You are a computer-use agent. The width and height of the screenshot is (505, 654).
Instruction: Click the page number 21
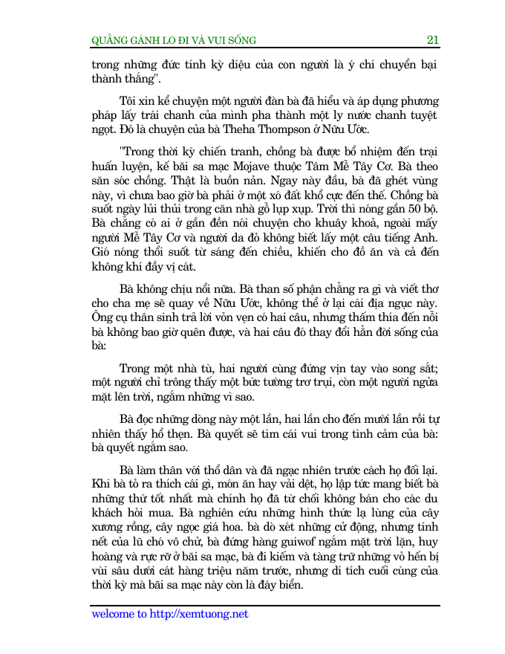[x=431, y=40]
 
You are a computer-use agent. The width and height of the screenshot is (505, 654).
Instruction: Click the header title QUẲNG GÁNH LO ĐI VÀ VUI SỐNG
[x=173, y=41]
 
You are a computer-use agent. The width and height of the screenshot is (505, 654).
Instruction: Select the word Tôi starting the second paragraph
[x=129, y=100]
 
